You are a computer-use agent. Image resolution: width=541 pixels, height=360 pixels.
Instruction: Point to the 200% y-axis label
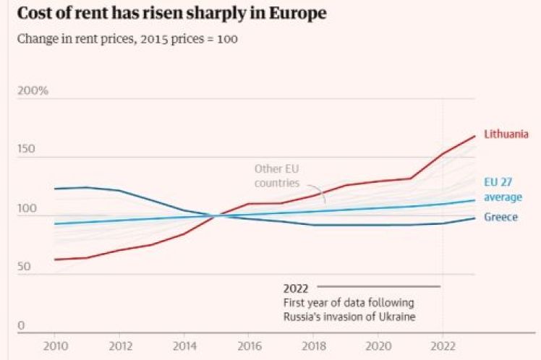(33, 91)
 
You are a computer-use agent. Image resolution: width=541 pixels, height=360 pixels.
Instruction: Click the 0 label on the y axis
(22, 326)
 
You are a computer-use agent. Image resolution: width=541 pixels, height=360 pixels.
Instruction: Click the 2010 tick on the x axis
(54, 346)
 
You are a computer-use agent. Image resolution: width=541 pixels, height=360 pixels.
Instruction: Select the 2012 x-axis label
(119, 346)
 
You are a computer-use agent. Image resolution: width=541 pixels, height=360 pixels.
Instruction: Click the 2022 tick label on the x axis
(442, 346)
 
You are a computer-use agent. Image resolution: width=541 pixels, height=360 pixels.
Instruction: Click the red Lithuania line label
(507, 134)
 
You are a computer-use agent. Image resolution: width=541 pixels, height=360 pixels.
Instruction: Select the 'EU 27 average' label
(503, 189)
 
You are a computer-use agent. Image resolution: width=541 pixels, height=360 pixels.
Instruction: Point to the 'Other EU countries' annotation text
(276, 176)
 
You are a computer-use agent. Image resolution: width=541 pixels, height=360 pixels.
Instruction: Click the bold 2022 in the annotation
(296, 287)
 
